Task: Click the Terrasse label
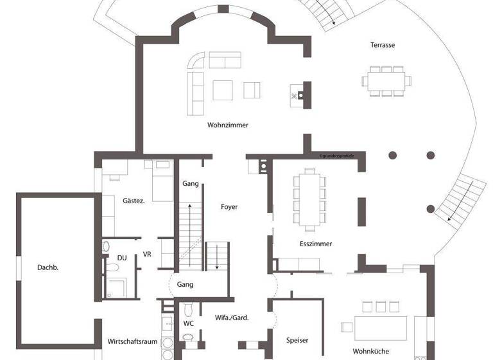[x=382, y=45]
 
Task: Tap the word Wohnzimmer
[x=227, y=125]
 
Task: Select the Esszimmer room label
[x=315, y=244]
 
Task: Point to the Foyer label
[x=229, y=207]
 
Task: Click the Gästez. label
[x=134, y=201]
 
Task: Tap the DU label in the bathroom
[x=121, y=258]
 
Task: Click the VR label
[x=147, y=254]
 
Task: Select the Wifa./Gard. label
[x=232, y=318]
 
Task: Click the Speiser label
[x=297, y=340]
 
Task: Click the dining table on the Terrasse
[x=386, y=82]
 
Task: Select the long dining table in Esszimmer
[x=308, y=198]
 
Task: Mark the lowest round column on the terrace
[x=431, y=208]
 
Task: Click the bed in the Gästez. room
[x=159, y=180]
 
